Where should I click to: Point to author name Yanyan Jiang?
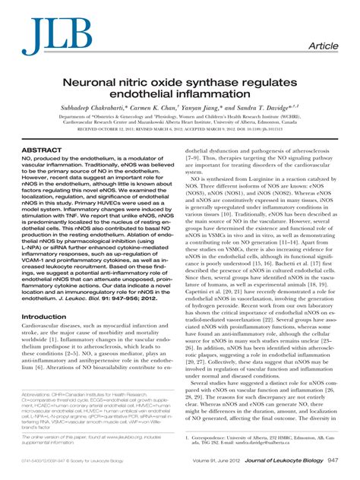click(x=217, y=109)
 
